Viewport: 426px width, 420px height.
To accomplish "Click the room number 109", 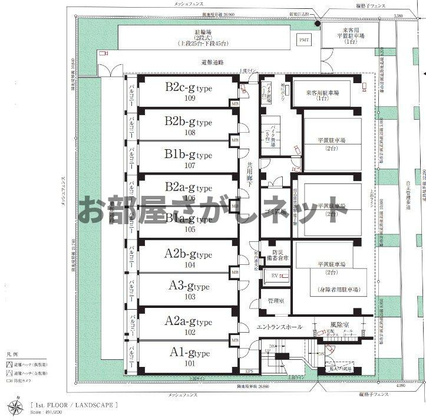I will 189,99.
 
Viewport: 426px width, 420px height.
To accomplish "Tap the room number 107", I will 189,165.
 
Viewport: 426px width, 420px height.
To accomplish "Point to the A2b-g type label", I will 188,254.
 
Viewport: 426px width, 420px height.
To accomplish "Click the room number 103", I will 189,297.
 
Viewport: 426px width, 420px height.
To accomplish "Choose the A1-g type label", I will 189,353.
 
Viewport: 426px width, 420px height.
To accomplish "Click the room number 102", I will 189,331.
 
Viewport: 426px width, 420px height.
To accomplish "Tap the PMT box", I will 304,40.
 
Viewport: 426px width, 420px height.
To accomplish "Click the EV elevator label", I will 275,275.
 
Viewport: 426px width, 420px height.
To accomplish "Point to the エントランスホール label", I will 279,327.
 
